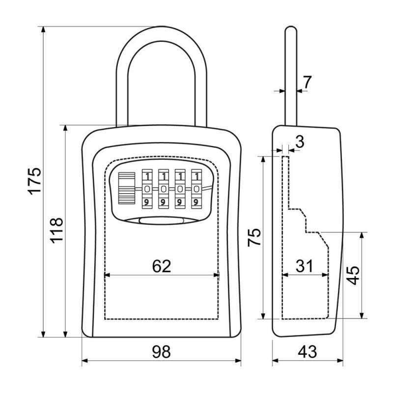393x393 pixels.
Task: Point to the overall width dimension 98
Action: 161,352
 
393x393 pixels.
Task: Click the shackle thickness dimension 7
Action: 307,83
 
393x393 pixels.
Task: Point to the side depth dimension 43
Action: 308,352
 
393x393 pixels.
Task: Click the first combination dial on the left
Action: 147,189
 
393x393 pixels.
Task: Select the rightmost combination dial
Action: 196,189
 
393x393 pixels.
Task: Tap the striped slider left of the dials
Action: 127,189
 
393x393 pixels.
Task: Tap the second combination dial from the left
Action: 164,189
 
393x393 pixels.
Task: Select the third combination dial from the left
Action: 180,189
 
